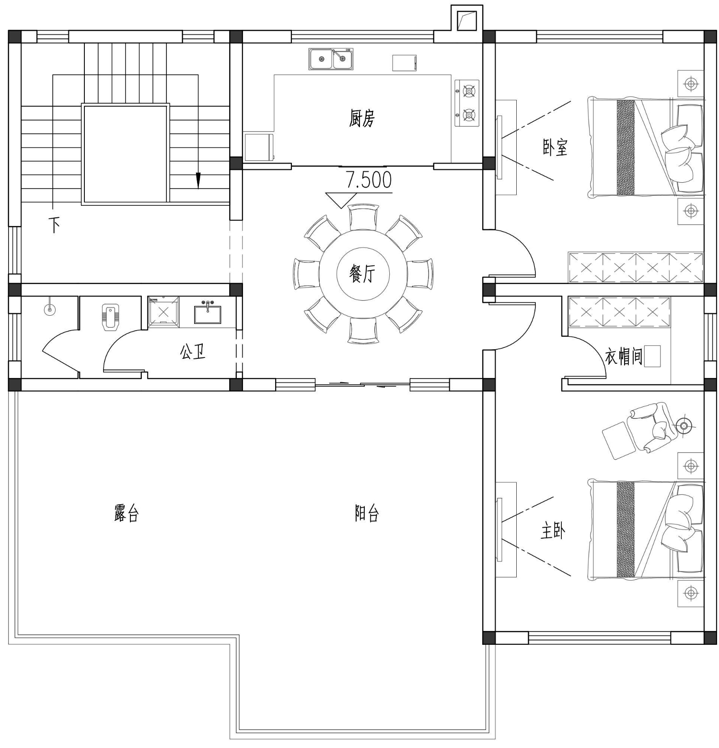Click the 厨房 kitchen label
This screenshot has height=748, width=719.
[362, 118]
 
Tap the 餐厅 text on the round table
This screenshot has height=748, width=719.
[362, 274]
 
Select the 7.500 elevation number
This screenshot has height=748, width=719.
[369, 180]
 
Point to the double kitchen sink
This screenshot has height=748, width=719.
[331, 59]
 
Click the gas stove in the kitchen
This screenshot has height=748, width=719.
[467, 103]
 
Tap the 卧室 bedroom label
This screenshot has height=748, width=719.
[555, 147]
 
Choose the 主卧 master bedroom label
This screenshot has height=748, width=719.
[553, 531]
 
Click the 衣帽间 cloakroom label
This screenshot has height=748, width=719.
[624, 357]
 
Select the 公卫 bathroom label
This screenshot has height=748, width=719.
[193, 353]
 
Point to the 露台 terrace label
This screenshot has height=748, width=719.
[127, 513]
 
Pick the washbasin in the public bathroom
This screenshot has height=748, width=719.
[208, 312]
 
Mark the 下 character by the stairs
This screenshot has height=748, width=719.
[56, 225]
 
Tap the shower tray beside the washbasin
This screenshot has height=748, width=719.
[163, 312]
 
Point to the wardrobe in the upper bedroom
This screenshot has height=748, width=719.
[636, 267]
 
